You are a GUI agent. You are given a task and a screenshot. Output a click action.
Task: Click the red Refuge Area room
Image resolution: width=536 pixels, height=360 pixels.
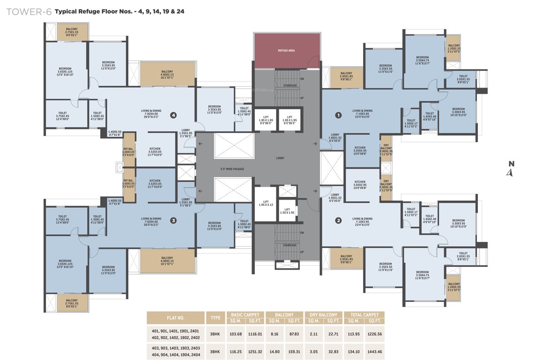[286, 51]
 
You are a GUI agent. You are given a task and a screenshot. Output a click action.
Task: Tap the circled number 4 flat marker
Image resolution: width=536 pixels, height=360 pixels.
[173, 114]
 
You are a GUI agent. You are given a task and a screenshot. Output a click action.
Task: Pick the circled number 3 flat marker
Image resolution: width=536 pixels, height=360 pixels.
[173, 220]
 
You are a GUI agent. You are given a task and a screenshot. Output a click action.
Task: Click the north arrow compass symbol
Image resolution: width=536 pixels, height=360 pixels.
[511, 169]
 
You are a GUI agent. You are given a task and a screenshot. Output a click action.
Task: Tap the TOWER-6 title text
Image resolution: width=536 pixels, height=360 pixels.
[28, 11]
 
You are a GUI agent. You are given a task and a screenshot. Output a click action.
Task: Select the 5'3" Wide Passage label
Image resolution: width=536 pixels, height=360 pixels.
[232, 169]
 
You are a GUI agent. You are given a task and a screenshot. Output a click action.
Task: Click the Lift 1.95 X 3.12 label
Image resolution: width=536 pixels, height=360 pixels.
[266, 204]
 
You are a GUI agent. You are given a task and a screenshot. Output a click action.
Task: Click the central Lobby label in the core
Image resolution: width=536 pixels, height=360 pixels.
[280, 158]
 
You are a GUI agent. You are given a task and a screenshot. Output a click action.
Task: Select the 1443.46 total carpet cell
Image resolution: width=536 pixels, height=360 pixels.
[374, 351]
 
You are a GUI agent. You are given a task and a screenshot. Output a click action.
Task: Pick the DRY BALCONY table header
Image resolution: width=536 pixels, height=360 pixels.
[323, 315]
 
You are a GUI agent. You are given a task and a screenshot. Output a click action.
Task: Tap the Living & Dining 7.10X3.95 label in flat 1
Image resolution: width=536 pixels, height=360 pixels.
[363, 113]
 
